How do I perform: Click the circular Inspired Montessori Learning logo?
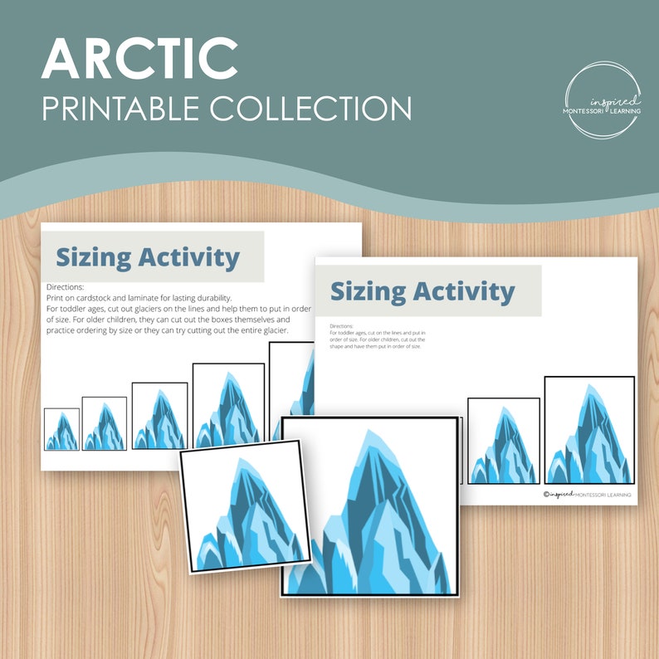click(603, 100)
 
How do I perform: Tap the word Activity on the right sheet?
click(465, 291)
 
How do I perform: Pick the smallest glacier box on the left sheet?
click(61, 429)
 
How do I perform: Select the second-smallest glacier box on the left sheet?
click(105, 423)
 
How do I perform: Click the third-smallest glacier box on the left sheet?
click(159, 416)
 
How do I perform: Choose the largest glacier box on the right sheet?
click(589, 430)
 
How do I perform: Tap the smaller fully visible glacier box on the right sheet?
click(503, 441)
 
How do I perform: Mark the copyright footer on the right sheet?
click(587, 495)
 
